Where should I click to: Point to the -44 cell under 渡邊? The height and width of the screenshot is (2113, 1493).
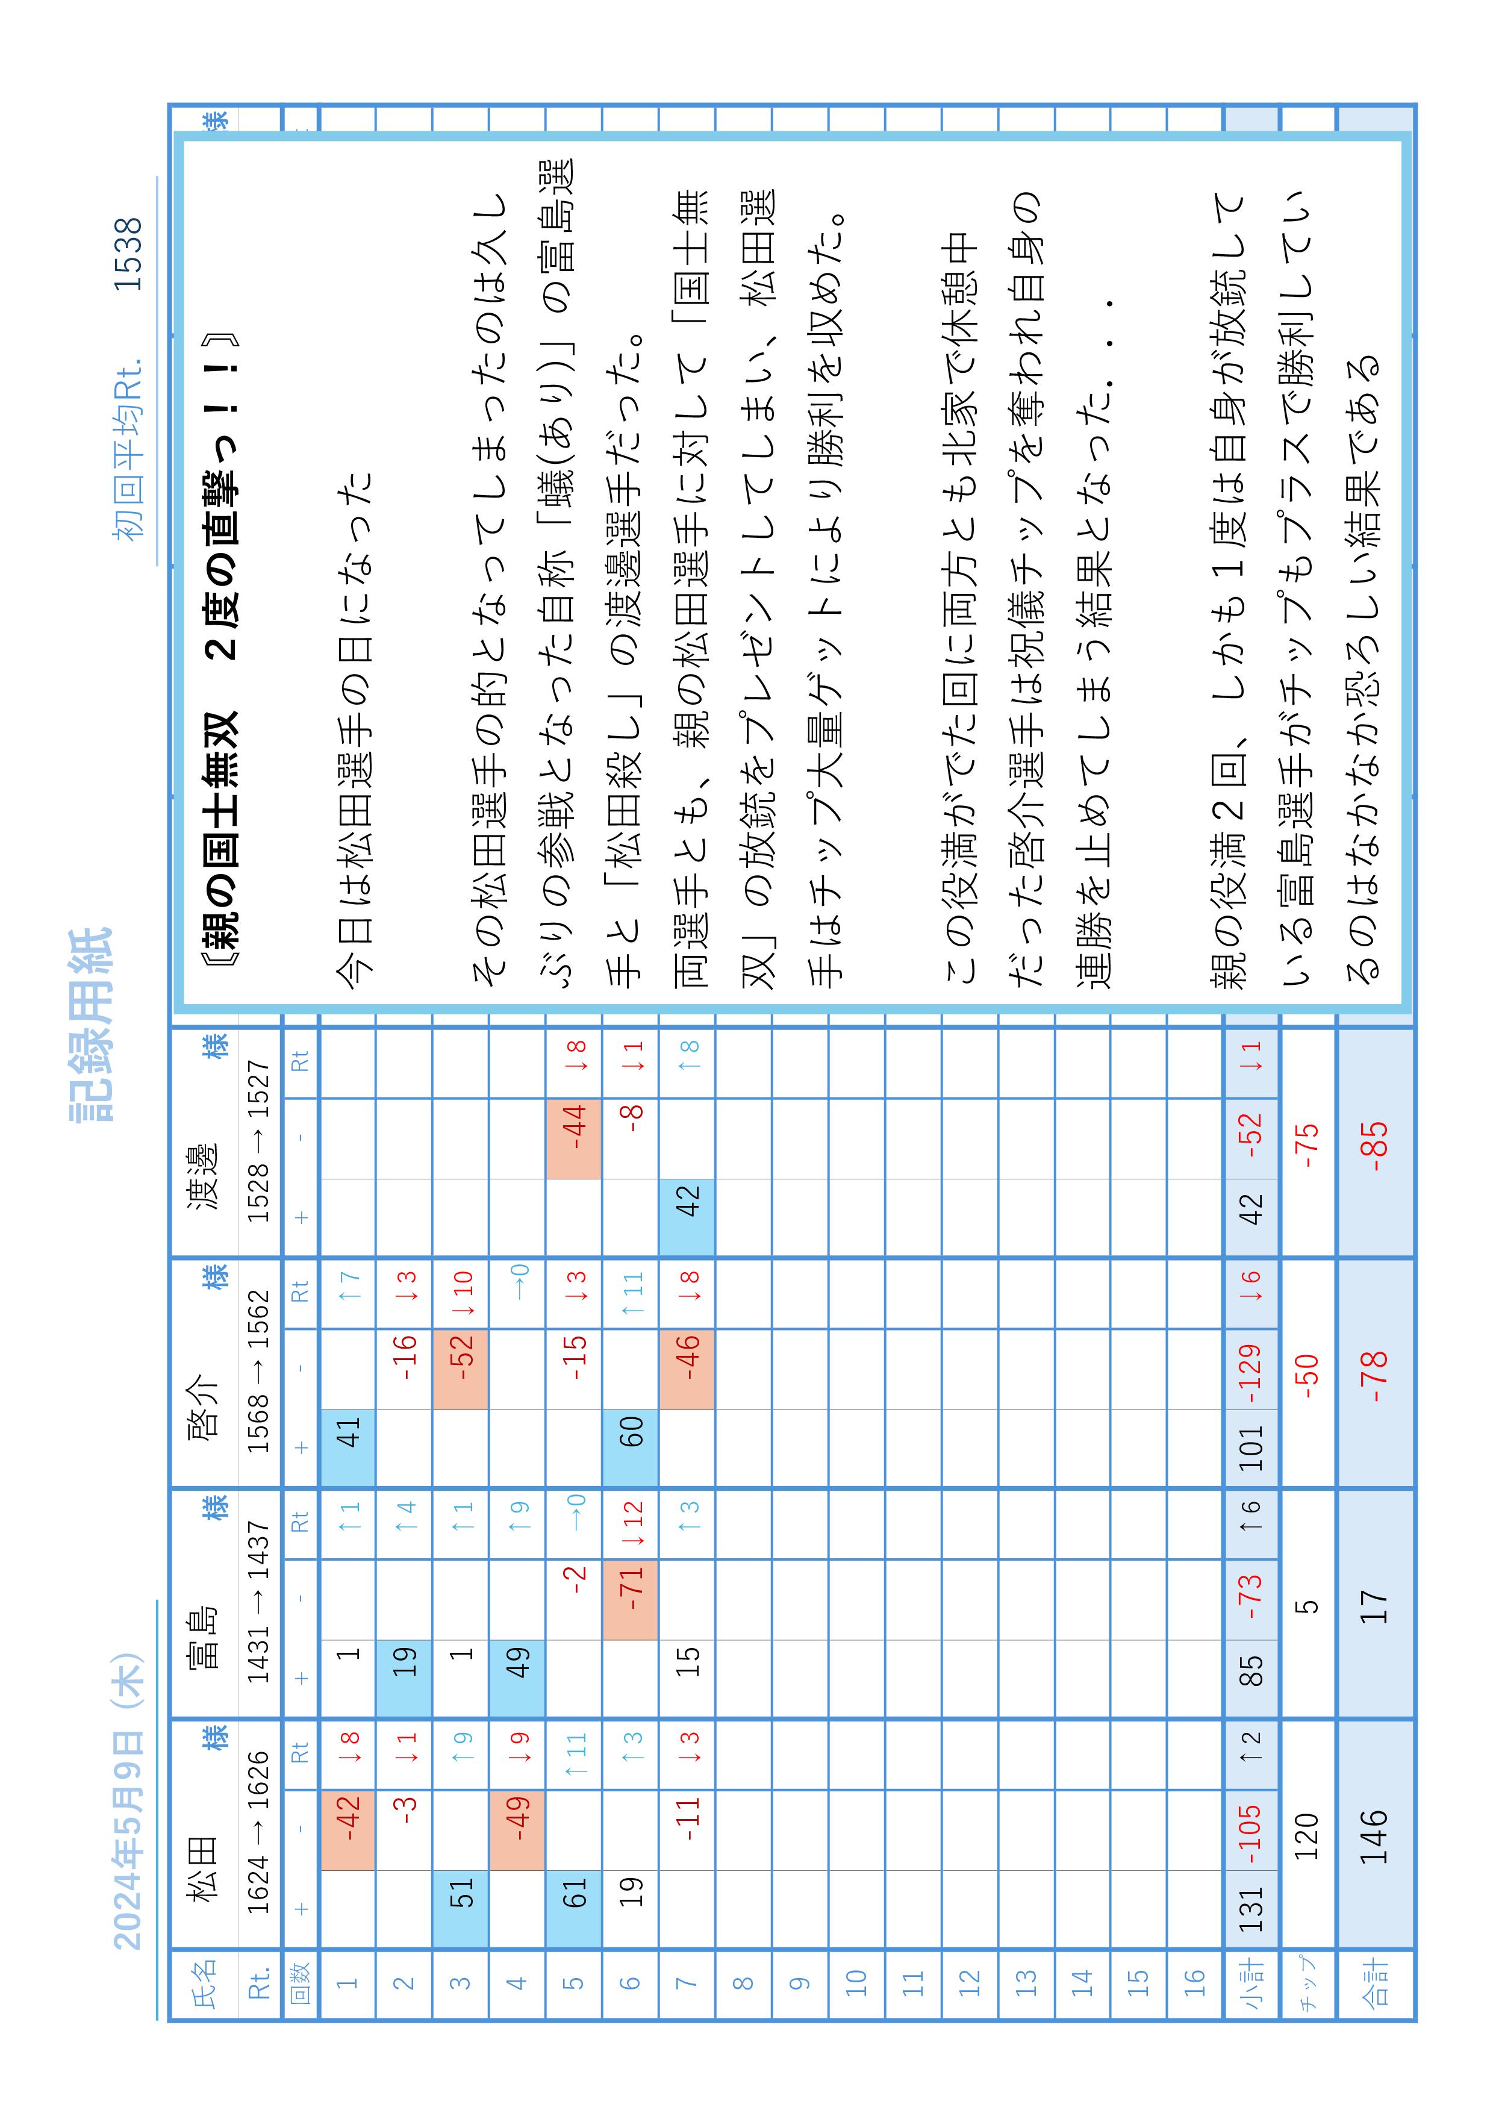573,1138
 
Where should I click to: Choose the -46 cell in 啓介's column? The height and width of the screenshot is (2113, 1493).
687,1369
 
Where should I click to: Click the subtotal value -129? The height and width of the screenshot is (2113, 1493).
1250,1369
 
